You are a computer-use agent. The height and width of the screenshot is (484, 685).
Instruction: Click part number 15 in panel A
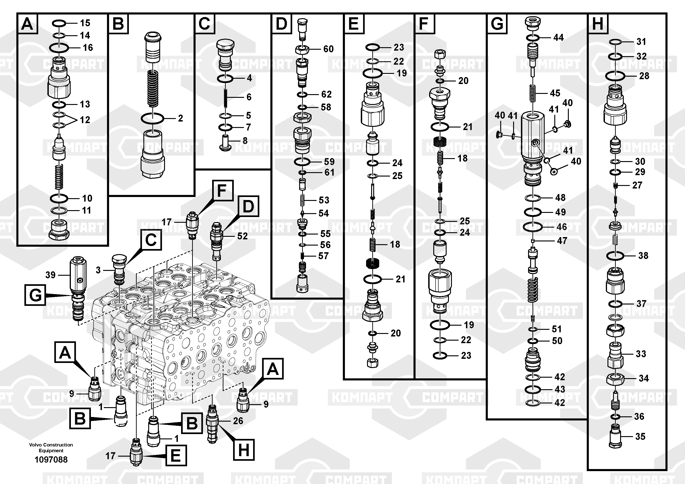85,23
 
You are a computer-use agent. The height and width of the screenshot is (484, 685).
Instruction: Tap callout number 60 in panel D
329,49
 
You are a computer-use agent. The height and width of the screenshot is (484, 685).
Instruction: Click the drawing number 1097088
51,460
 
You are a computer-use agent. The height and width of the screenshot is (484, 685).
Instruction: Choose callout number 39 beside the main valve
50,275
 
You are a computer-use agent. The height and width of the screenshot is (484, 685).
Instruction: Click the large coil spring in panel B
153,89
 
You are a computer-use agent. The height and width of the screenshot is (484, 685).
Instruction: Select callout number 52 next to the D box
242,236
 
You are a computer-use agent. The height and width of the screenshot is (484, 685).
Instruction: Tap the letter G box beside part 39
35,295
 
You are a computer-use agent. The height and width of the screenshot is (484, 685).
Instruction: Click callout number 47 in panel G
562,241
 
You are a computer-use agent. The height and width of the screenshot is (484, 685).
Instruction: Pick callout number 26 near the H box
238,421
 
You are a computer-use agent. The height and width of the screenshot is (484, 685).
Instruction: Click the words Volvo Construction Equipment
51,448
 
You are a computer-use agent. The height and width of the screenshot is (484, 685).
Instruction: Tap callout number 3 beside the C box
98,270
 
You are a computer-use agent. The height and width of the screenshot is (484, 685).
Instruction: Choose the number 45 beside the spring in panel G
555,93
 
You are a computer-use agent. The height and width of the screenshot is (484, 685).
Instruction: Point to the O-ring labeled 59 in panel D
302,162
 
